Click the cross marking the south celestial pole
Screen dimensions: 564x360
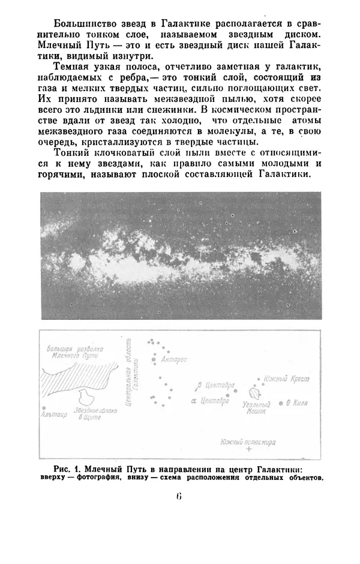tap(248, 449)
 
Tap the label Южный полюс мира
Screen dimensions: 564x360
tap(247, 440)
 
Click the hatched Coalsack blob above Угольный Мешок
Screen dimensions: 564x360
tap(252, 394)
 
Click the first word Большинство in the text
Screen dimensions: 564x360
tap(79, 24)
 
